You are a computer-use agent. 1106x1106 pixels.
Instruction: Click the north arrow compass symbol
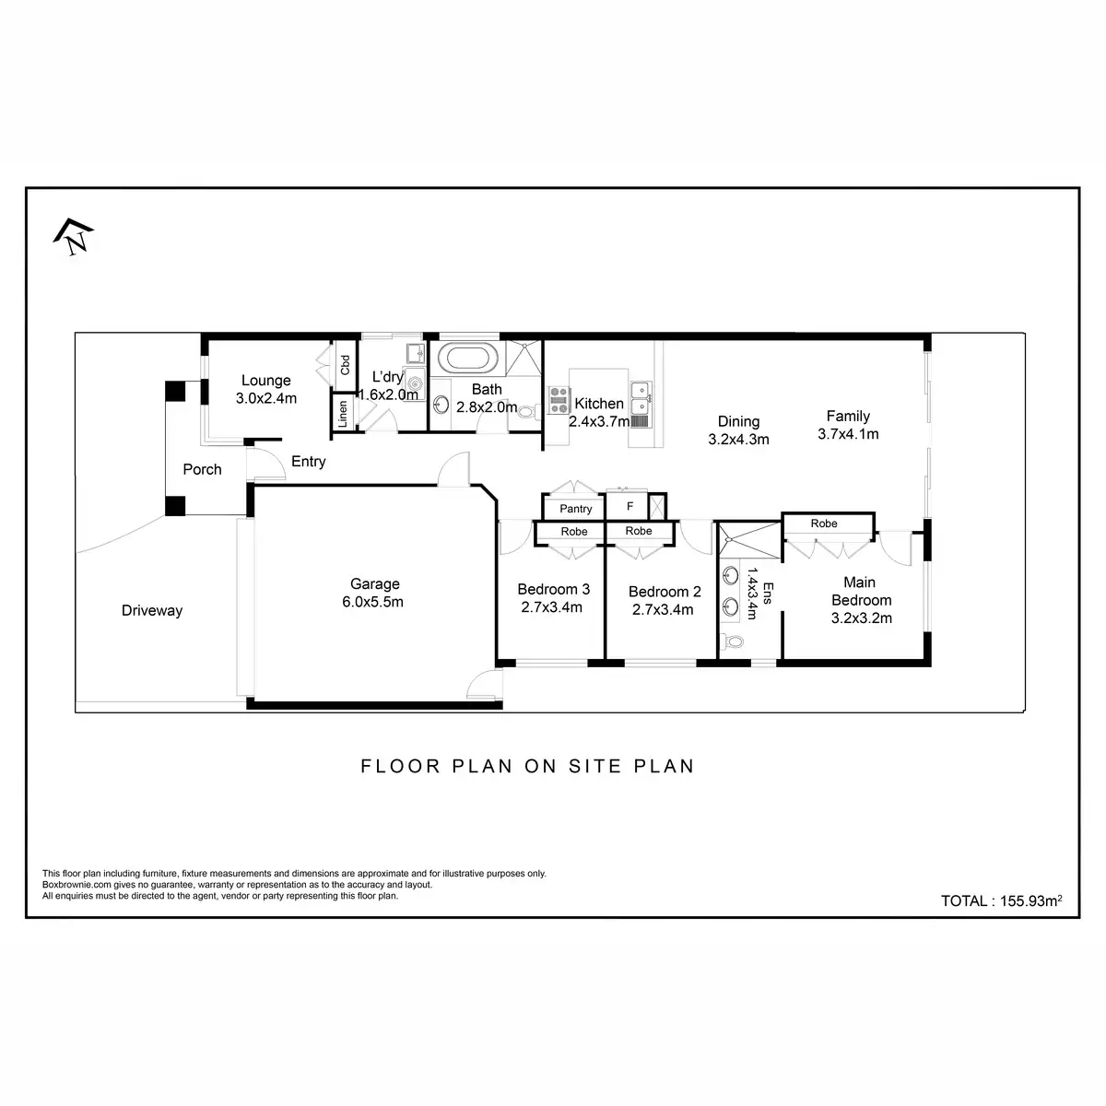(73, 237)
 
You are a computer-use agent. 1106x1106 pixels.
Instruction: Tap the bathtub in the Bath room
(467, 359)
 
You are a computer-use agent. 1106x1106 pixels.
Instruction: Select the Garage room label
(375, 583)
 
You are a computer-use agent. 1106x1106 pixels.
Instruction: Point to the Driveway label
(152, 611)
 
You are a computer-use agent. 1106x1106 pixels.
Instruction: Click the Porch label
(202, 469)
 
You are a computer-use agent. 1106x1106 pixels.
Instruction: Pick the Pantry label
(575, 509)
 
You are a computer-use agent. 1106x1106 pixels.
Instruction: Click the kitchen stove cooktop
(559, 400)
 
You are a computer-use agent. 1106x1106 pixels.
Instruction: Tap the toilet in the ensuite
(732, 641)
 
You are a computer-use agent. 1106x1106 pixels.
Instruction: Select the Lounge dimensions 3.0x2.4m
(266, 398)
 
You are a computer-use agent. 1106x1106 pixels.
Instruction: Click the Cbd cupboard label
(345, 365)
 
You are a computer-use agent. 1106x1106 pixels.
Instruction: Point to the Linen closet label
(343, 414)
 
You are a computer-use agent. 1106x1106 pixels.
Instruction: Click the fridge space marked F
(629, 506)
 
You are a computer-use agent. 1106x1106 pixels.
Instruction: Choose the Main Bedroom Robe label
(824, 524)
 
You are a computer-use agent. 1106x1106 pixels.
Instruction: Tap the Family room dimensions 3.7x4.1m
(848, 434)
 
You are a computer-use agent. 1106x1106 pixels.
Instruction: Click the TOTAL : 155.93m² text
(1001, 901)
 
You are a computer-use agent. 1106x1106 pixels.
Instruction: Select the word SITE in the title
(595, 766)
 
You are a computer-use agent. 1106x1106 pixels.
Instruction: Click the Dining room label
(738, 422)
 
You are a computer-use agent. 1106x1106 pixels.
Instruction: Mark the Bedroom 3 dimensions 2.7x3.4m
(551, 607)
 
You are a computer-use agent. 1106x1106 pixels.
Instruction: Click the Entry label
(308, 462)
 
